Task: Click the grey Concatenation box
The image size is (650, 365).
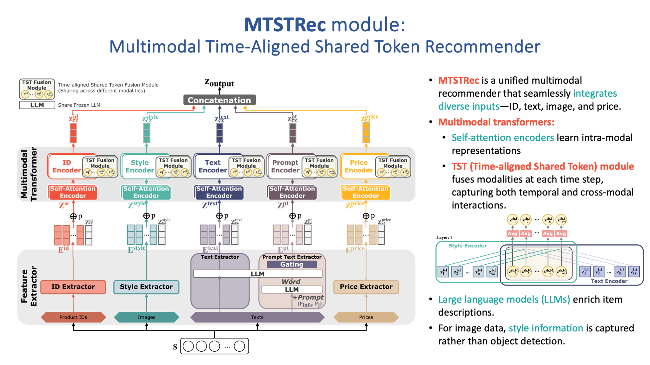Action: (219, 100)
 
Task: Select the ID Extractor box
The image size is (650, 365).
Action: (73, 287)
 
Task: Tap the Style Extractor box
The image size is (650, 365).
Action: (146, 287)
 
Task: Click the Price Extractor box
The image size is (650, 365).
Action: (366, 287)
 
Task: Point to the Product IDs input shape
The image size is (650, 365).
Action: (73, 317)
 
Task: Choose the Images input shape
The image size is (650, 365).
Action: (146, 317)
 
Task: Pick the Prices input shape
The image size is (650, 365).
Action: (366, 317)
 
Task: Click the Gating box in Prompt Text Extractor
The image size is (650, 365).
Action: (292, 264)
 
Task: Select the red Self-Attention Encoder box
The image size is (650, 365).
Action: (73, 192)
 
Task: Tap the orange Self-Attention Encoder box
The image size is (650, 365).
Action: (366, 192)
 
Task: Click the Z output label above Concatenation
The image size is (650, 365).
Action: (219, 83)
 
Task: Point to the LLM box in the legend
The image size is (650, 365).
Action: (37, 105)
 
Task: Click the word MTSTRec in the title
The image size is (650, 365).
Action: (285, 25)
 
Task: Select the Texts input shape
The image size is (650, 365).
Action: (257, 317)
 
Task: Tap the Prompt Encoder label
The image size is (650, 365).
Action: (285, 166)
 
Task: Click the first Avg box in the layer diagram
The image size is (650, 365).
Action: (512, 234)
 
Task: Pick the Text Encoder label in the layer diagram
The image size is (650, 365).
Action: (609, 281)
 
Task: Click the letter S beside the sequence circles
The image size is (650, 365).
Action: (175, 347)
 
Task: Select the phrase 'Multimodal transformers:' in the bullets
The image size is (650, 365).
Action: (496, 122)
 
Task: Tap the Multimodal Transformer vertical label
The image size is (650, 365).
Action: (29, 174)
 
